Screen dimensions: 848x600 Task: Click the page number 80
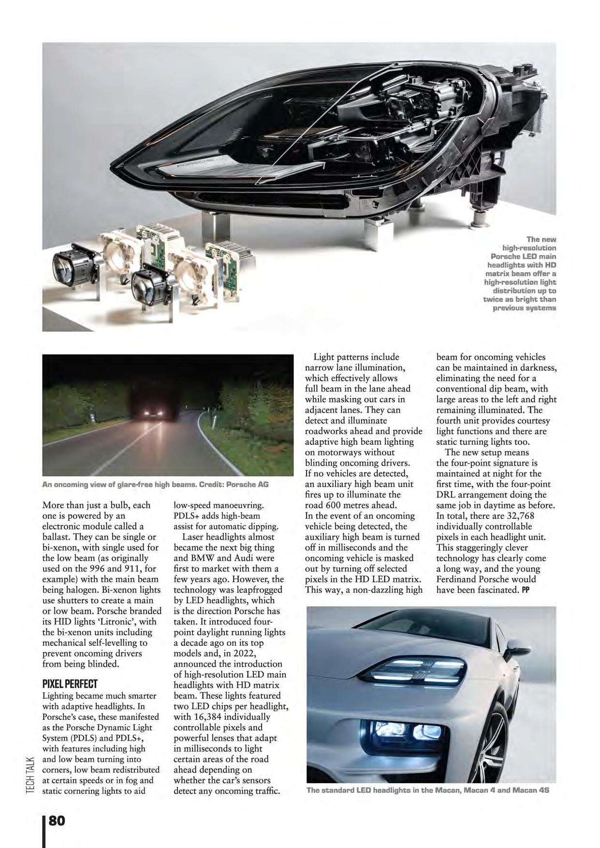57,820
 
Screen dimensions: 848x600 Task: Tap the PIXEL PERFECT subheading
70,684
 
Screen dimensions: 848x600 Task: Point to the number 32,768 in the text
516,516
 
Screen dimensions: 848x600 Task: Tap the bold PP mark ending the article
526,590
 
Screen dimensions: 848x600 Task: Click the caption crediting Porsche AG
155,484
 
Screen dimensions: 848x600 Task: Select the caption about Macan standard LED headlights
427,790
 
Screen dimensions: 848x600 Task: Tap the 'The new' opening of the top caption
541,239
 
